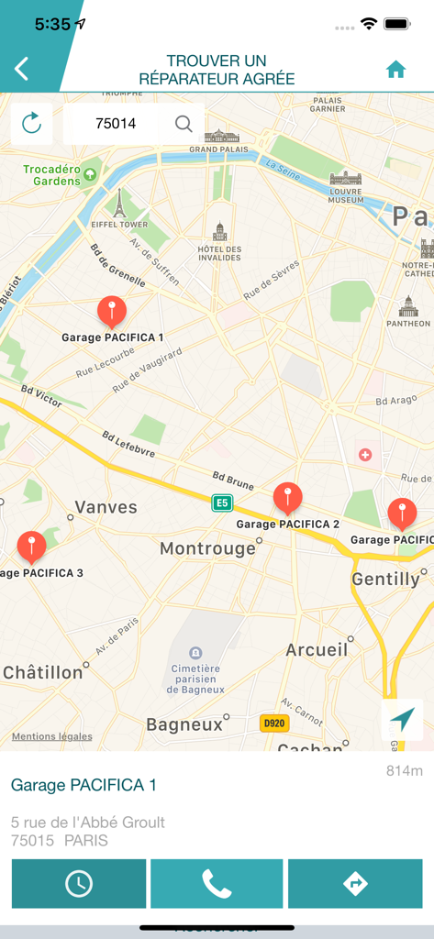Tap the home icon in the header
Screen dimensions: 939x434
(x=395, y=70)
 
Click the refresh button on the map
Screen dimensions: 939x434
(x=31, y=123)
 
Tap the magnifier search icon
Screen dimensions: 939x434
(x=184, y=123)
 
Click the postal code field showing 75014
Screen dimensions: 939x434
(x=116, y=123)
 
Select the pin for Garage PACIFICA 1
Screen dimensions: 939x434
(x=112, y=312)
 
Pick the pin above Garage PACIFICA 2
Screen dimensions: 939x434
(x=287, y=499)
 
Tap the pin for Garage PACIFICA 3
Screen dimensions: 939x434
(x=31, y=547)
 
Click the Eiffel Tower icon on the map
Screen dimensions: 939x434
(x=118, y=202)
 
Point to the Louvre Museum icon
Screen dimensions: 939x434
(x=345, y=178)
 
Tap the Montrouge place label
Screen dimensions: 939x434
(x=207, y=548)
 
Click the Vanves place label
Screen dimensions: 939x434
(x=106, y=507)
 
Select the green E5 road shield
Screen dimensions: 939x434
(x=221, y=503)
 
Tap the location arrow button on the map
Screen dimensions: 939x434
(x=402, y=720)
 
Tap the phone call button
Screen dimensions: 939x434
(x=217, y=883)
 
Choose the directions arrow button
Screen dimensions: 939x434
(x=355, y=883)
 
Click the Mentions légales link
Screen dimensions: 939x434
(x=51, y=736)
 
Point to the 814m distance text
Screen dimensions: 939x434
(x=404, y=771)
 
